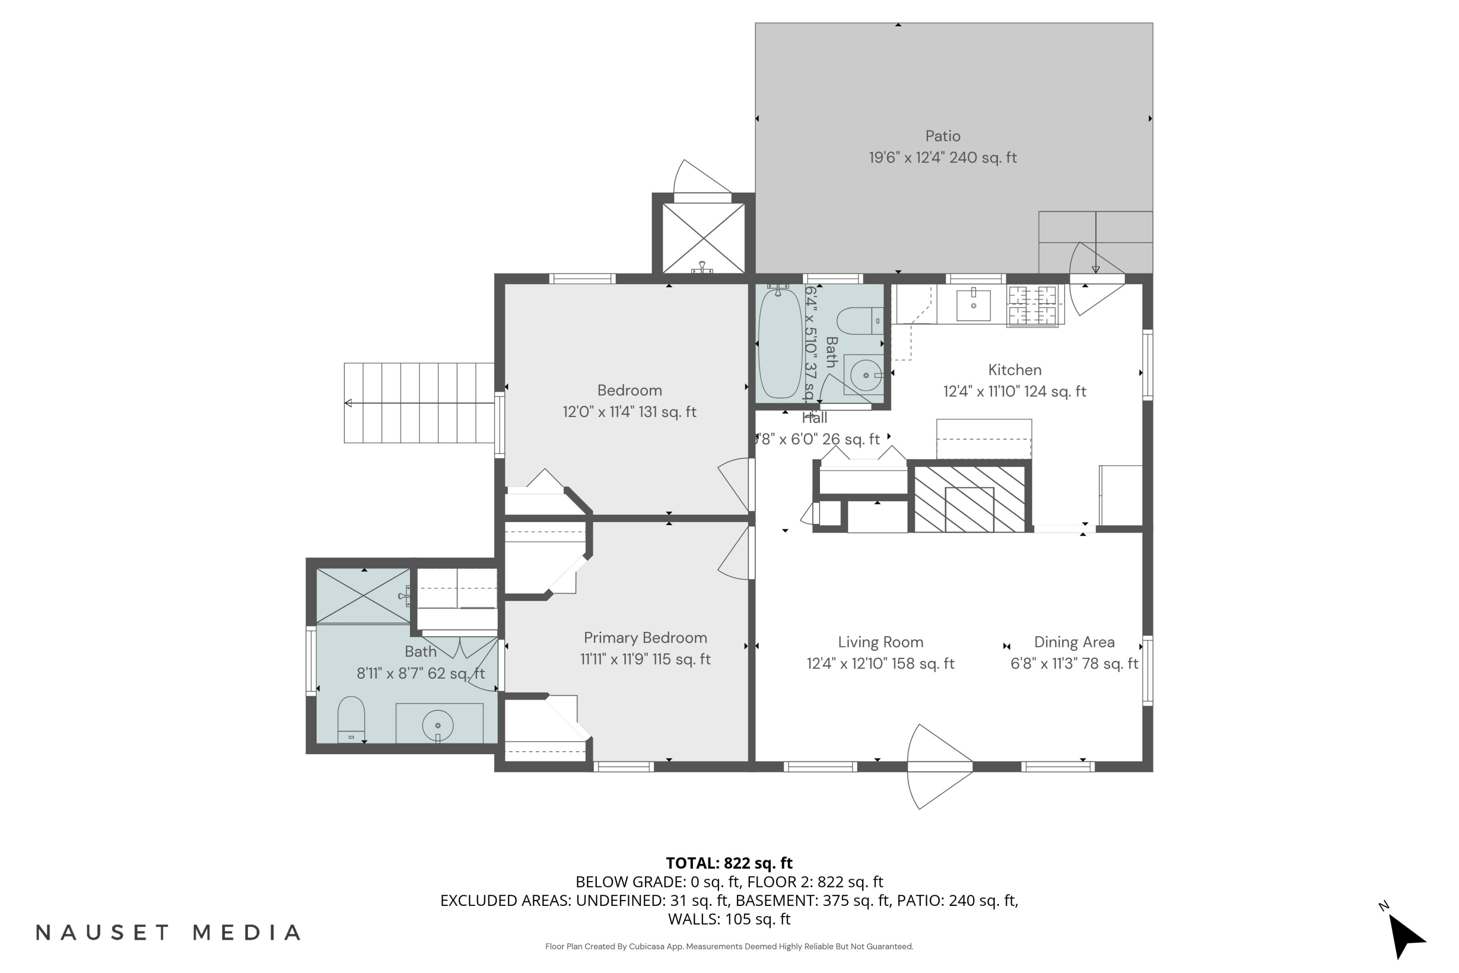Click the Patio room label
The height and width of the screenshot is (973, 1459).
click(943, 136)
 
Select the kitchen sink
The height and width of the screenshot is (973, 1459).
click(973, 304)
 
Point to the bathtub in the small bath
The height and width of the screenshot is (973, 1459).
click(780, 344)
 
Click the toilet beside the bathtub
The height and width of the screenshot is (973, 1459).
click(860, 321)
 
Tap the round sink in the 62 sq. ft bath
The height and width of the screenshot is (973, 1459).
click(438, 725)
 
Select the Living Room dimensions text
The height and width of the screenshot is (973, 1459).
click(880, 664)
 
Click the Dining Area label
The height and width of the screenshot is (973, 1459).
click(1074, 642)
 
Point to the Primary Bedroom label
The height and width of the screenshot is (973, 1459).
click(645, 638)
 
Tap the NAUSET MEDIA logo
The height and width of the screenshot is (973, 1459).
click(168, 933)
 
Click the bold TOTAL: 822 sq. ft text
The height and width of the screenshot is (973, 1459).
click(729, 863)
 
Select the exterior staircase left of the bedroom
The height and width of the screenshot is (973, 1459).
click(419, 403)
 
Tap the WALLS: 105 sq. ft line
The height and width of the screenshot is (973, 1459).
click(729, 919)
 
